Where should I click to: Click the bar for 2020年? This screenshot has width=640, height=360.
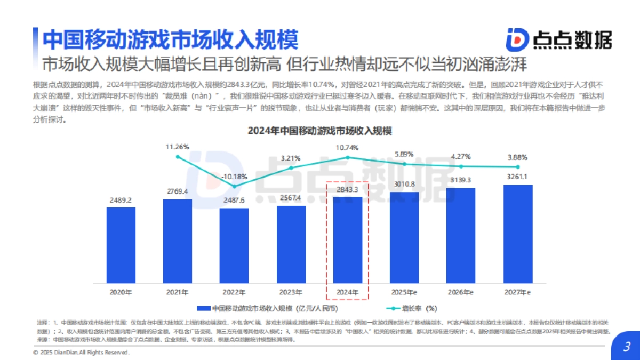121,246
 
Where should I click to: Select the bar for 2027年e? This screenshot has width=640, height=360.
518,235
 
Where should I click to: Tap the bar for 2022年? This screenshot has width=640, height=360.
234,246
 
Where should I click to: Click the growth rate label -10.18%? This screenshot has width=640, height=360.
234,177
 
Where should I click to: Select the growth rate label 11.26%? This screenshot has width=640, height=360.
178,147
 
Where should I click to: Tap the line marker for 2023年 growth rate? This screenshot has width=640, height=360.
291,168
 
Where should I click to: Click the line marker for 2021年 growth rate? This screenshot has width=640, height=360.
178,157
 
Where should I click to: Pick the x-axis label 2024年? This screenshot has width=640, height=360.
347,292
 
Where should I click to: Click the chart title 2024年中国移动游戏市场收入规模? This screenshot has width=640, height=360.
319,131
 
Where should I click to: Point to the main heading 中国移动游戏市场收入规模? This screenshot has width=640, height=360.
170,39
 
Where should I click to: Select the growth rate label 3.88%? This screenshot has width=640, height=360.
518,157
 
